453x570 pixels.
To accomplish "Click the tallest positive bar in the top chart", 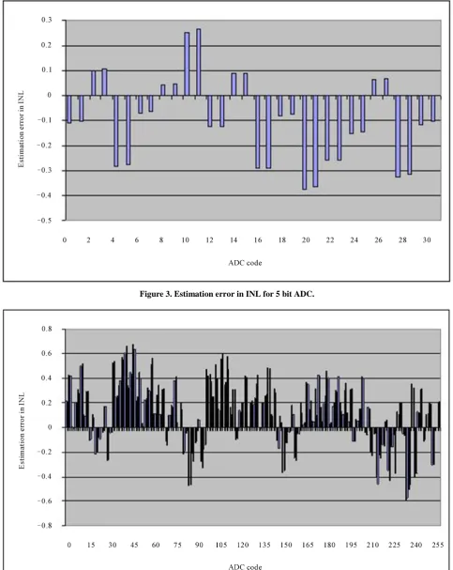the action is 199,62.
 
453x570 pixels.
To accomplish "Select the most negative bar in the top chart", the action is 304,143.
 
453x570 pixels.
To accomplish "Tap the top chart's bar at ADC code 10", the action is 187,64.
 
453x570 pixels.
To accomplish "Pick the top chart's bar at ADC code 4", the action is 116,131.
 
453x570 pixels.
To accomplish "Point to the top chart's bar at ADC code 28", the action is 398,136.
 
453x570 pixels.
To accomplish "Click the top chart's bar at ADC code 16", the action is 257,132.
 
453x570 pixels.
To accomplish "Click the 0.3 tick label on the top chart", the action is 47,20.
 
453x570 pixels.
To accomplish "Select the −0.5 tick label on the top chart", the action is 44,221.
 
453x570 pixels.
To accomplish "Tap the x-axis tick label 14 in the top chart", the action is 234,239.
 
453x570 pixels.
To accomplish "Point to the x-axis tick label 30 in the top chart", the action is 427,239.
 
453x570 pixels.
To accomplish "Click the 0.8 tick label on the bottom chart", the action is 47,329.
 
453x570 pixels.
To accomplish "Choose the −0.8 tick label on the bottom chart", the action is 44,525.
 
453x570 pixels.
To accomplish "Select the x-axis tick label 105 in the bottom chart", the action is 221,545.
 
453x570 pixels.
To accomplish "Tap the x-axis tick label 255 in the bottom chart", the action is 438,545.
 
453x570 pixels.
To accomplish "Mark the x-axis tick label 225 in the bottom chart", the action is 395,545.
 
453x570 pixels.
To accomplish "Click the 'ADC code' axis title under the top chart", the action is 245,263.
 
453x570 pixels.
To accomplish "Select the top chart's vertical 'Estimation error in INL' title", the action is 22,129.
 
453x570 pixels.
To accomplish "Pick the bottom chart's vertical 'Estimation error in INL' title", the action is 22,431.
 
